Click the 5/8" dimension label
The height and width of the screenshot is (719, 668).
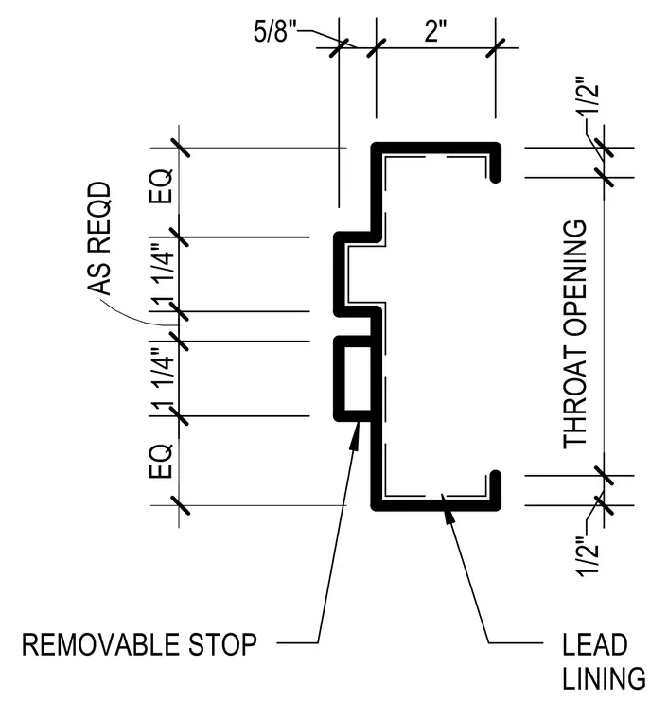(275, 32)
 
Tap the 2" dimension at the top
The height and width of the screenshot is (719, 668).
(435, 31)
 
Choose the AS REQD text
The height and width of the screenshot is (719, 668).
(99, 238)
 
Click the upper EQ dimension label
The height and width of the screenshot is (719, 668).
(162, 186)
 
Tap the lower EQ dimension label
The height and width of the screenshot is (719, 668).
(162, 462)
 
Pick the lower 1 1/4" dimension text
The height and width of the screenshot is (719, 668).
(164, 379)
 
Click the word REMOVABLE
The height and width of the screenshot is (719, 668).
(100, 644)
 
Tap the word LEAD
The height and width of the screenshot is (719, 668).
(594, 644)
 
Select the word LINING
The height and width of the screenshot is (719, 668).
(604, 678)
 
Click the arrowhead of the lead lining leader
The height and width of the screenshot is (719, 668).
(449, 520)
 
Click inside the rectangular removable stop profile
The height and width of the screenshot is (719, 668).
(358, 378)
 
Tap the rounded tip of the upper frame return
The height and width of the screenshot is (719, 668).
(495, 178)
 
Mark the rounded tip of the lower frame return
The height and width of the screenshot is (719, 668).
(495, 476)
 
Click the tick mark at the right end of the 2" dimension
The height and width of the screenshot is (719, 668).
(495, 47)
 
